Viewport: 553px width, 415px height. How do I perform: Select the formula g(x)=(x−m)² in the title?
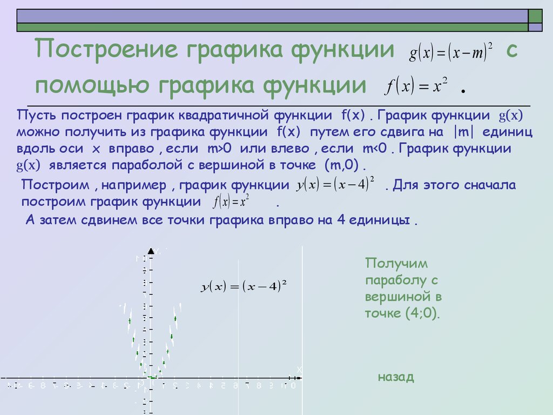[x=451, y=52]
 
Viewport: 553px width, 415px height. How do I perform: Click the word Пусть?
[x=36, y=116]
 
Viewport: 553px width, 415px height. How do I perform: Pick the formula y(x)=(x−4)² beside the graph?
[x=243, y=286]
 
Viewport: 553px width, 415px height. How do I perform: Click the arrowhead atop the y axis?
[x=151, y=251]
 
